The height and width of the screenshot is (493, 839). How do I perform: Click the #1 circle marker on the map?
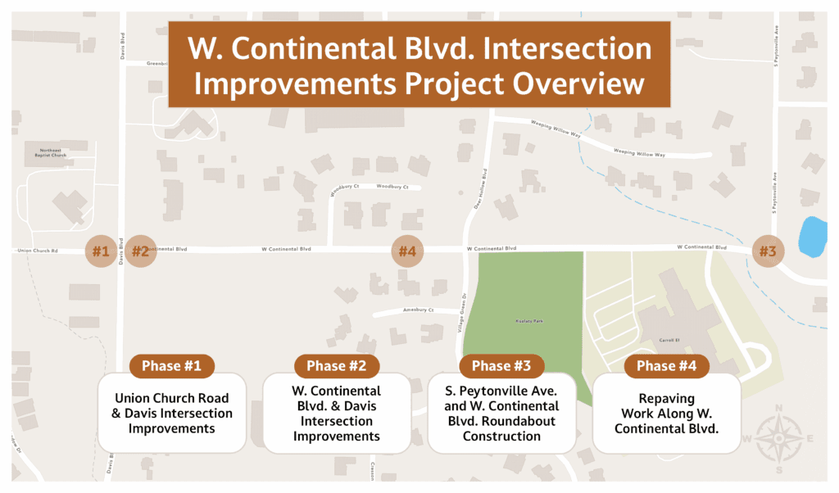(x=101, y=252)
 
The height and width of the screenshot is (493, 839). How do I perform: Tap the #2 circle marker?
(x=140, y=252)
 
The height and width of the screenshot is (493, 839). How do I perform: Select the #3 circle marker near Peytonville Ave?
(x=767, y=251)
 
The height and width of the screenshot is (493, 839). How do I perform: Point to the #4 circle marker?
(x=407, y=251)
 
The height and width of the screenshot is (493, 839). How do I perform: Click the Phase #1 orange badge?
(x=171, y=366)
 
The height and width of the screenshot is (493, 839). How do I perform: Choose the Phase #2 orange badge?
(x=337, y=366)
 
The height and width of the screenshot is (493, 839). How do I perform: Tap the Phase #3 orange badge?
(x=502, y=366)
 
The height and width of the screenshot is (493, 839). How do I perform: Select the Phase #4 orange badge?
(x=667, y=366)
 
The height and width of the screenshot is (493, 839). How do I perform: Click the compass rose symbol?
(x=778, y=438)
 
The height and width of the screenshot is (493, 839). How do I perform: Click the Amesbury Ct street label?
(x=418, y=310)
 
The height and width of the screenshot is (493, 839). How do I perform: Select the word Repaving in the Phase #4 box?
(x=667, y=399)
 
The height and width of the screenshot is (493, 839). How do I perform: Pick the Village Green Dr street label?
(x=460, y=315)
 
